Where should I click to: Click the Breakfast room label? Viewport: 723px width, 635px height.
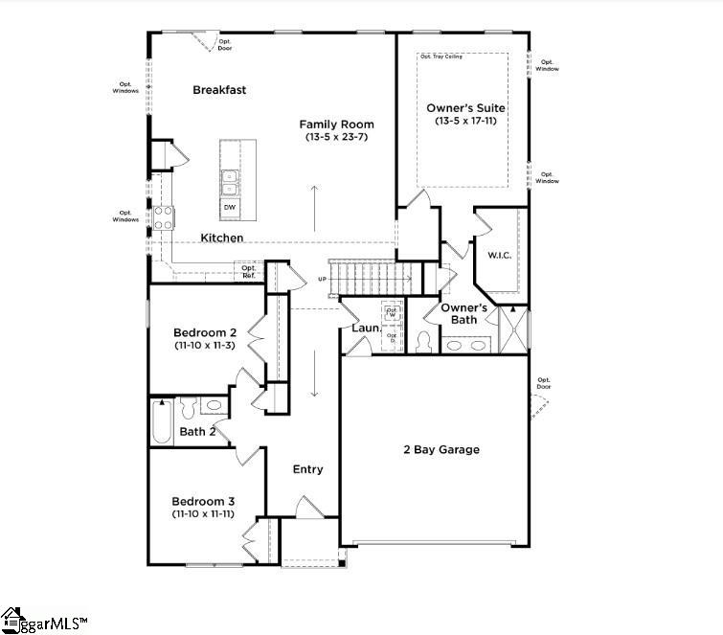219,90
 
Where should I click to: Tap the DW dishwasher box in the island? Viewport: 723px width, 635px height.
230,206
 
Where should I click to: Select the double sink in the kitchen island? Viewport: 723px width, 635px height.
230,182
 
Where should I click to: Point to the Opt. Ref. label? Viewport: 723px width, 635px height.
248,272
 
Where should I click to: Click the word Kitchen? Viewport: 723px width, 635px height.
221,238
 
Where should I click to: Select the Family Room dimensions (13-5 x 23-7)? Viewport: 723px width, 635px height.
336,138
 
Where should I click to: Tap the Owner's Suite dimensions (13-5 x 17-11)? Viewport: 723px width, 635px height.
465,122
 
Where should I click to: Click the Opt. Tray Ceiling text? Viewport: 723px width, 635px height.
441,57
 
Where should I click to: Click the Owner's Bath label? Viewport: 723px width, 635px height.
464,313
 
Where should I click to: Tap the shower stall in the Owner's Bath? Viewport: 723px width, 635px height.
513,329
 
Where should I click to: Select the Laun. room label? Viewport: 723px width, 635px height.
366,329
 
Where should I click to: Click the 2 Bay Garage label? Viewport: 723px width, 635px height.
440,449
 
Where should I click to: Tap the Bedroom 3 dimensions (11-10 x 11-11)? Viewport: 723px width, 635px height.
203,514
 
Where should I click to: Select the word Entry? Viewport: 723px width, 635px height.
307,469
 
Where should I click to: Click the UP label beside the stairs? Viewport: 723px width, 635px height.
323,280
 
